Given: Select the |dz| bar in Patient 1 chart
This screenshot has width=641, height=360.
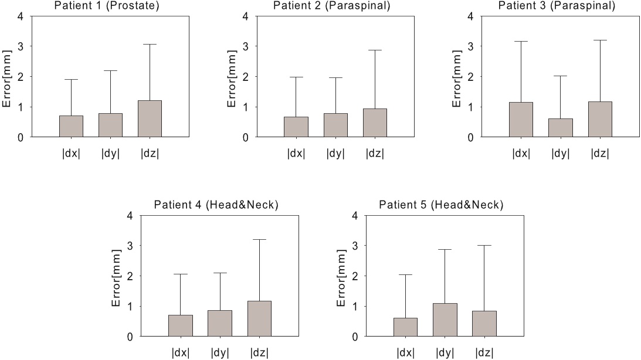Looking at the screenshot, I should (150, 119).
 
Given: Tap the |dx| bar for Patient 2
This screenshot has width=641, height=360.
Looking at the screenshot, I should (296, 127).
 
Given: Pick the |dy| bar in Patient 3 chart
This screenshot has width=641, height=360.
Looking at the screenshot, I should (560, 128).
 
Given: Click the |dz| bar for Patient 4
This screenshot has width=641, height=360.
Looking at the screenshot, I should (259, 318).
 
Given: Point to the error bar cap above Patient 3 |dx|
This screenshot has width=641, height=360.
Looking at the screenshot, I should (521, 42).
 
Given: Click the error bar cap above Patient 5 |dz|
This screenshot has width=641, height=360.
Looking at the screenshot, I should (484, 246).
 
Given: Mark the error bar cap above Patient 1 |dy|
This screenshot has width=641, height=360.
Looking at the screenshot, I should (111, 70).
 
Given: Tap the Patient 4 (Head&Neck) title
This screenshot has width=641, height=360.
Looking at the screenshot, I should (216, 205).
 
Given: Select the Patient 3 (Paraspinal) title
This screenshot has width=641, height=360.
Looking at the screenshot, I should (557, 6).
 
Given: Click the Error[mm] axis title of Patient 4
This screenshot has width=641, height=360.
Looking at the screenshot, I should (116, 276).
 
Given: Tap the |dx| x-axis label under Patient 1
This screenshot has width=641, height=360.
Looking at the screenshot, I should (71, 154).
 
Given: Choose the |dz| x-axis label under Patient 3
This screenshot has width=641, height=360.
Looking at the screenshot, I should (599, 154).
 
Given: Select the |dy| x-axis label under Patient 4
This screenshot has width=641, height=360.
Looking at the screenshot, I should (220, 353).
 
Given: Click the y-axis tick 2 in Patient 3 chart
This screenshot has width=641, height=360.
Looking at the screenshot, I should (470, 77).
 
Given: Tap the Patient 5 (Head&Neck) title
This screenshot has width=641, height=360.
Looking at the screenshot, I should (441, 205).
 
